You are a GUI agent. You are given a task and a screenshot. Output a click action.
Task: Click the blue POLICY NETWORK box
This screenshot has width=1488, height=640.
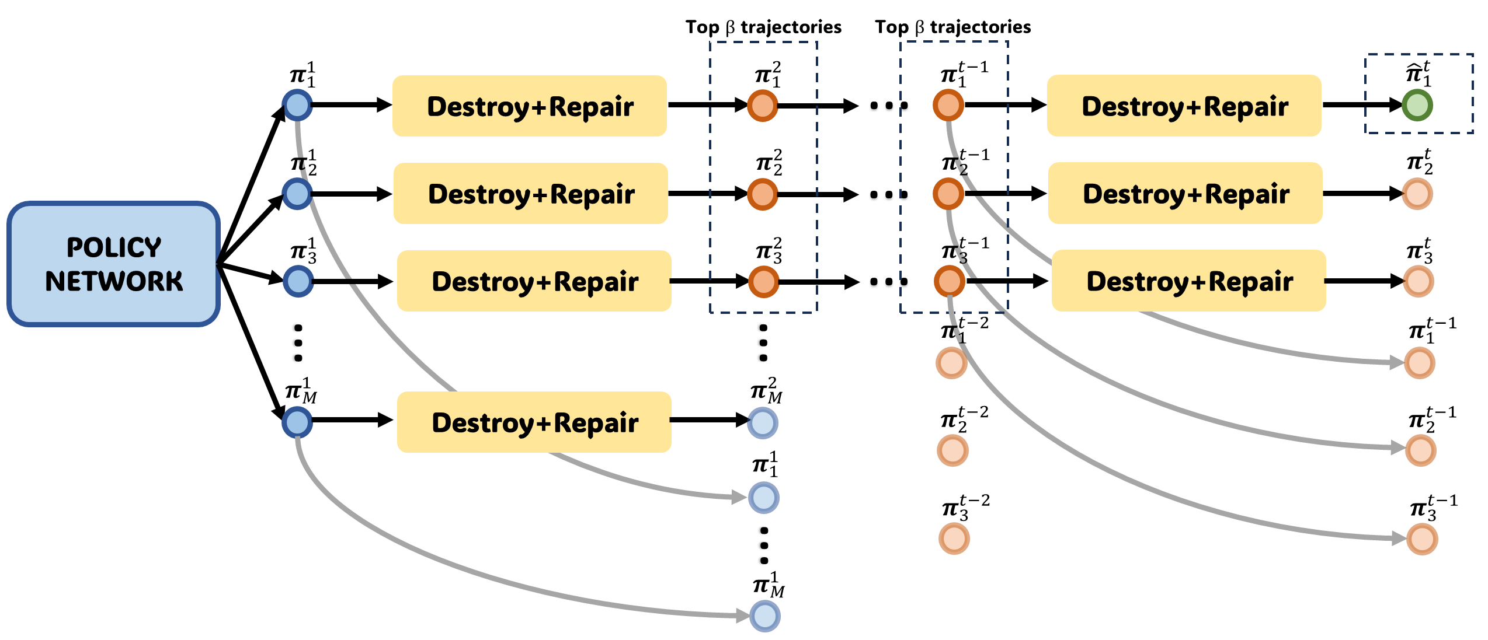pyautogui.click(x=113, y=264)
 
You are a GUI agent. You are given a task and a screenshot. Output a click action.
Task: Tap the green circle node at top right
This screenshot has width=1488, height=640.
pyautogui.click(x=1417, y=106)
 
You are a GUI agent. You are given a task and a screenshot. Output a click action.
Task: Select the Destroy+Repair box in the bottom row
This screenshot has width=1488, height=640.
pyautogui.click(x=534, y=422)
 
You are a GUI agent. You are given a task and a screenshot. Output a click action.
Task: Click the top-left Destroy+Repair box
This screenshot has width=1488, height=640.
pyautogui.click(x=529, y=106)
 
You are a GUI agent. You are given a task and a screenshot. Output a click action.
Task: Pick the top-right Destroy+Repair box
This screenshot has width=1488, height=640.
pyautogui.click(x=1184, y=106)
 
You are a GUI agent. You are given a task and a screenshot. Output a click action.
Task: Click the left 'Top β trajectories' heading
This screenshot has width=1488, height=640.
pyautogui.click(x=763, y=27)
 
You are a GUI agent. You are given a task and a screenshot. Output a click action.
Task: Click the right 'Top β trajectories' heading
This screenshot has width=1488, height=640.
pyautogui.click(x=952, y=27)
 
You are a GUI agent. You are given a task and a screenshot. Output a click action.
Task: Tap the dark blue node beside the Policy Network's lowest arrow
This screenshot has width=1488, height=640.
pyautogui.click(x=297, y=422)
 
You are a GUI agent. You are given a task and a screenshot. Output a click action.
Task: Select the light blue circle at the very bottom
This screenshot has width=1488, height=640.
pyautogui.click(x=765, y=616)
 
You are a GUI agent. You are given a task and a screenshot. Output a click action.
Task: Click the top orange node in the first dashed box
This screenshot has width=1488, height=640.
pyautogui.click(x=763, y=106)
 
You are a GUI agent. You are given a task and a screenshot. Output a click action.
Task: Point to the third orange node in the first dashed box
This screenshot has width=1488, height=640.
pyautogui.click(x=764, y=282)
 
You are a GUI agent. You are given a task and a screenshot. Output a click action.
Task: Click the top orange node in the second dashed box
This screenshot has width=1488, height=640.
pyautogui.click(x=948, y=106)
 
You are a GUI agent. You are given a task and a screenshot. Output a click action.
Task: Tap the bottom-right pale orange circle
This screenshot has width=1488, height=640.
pyautogui.click(x=1422, y=539)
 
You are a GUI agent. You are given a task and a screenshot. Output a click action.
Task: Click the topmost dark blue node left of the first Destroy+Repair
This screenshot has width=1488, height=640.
pyautogui.click(x=297, y=106)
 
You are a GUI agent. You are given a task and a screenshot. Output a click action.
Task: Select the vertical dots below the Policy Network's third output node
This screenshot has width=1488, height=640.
pyautogui.click(x=298, y=343)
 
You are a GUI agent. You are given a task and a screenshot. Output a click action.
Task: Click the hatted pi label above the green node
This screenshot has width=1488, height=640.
pyautogui.click(x=1418, y=74)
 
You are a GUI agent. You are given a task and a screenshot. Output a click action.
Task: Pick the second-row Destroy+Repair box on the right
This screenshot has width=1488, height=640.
pyautogui.click(x=1185, y=193)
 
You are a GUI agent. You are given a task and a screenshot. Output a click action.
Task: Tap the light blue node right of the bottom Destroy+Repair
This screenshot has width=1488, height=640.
pyautogui.click(x=763, y=423)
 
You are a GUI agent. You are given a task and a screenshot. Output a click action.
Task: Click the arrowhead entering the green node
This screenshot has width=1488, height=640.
pyautogui.click(x=1395, y=106)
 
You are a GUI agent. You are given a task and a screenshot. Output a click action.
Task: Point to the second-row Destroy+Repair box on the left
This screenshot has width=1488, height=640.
pyautogui.click(x=530, y=193)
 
